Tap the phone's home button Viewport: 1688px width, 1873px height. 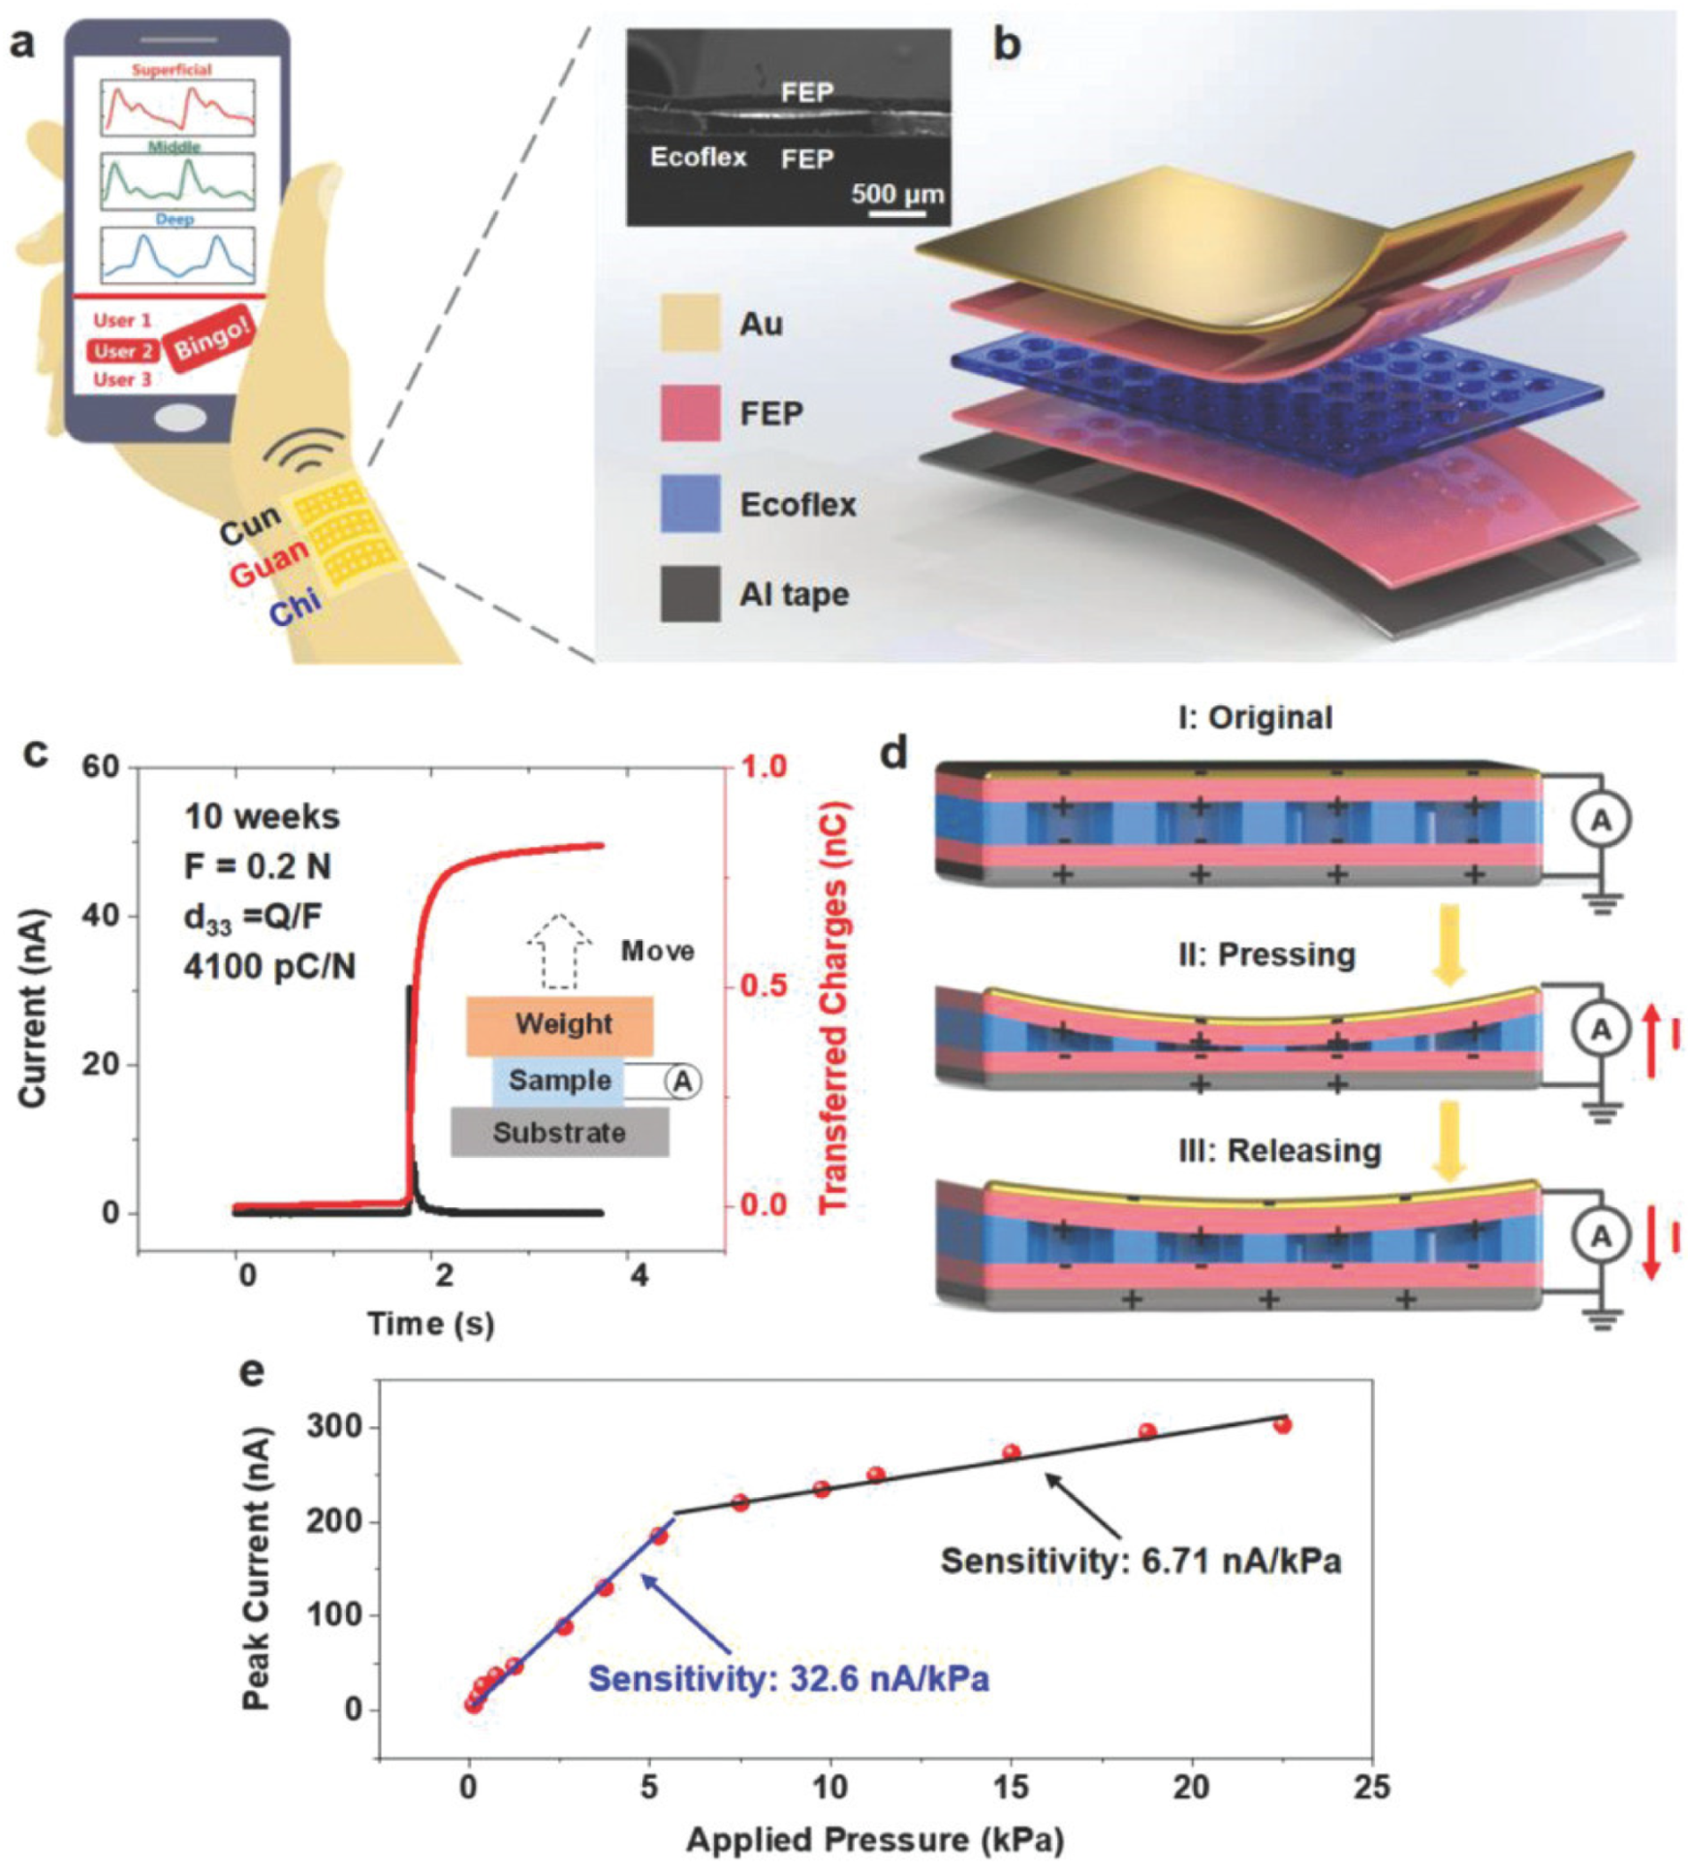[x=180, y=418]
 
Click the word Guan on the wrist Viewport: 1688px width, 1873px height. [x=269, y=562]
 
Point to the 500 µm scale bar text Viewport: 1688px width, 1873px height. [x=897, y=193]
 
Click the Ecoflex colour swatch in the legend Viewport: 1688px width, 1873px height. [x=690, y=504]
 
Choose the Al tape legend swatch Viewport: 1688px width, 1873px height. [x=690, y=593]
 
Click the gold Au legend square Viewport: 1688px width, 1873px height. [x=690, y=323]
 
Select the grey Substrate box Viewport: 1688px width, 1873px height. [x=560, y=1132]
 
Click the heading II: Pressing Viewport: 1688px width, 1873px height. [x=1266, y=954]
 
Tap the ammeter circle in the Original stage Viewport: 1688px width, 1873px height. [x=1601, y=821]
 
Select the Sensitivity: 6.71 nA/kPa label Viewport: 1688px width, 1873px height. [x=1141, y=1561]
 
